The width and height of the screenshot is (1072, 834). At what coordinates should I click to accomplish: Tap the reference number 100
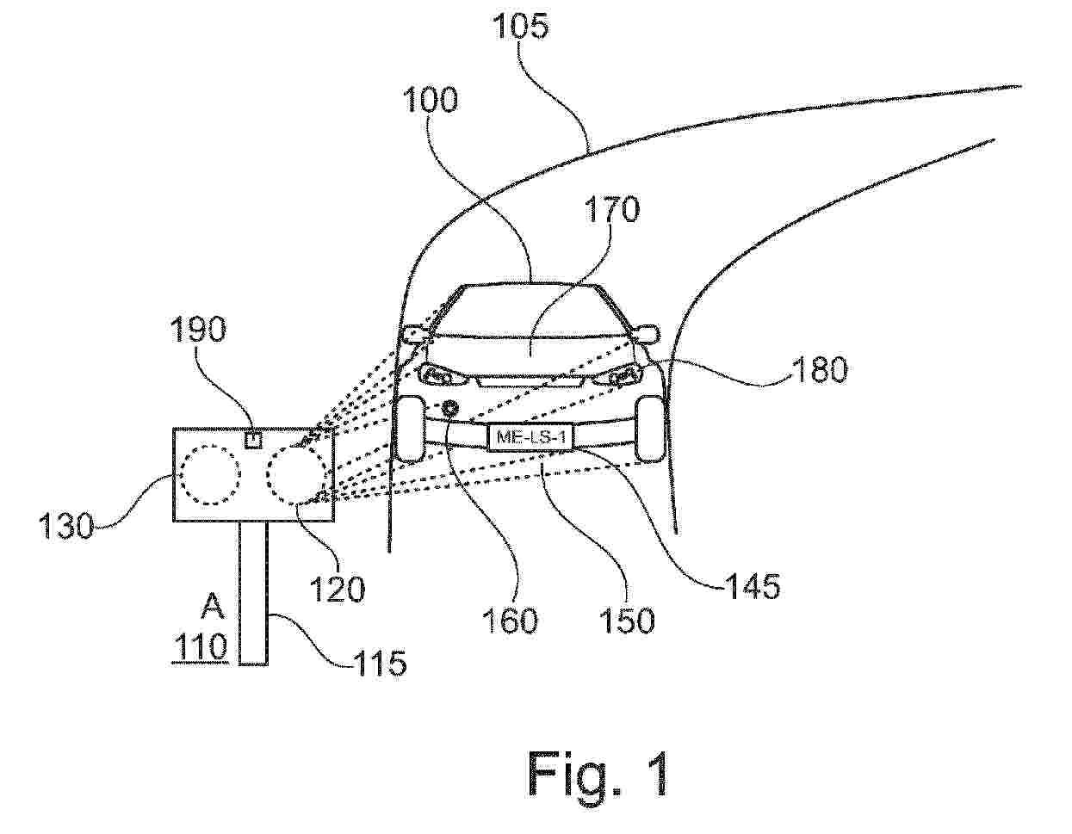coord(431,100)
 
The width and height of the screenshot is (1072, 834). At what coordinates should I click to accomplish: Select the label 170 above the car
coord(611,209)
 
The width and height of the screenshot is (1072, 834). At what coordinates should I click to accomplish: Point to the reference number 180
coord(820,370)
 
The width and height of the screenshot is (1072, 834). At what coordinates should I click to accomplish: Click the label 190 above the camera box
coord(198,329)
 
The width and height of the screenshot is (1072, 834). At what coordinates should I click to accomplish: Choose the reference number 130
coord(66,525)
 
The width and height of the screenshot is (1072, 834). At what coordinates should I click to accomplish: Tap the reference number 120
coord(337,589)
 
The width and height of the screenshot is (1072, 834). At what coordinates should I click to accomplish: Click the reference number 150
coord(627,620)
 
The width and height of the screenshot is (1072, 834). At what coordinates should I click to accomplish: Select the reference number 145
coord(752,586)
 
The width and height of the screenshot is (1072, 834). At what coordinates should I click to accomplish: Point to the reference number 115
coord(379,663)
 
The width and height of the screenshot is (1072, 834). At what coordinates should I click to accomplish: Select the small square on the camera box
coord(253,439)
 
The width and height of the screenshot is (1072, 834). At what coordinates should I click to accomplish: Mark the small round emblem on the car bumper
coord(450,408)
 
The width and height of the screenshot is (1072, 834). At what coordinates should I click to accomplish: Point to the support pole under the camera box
coord(254,594)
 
